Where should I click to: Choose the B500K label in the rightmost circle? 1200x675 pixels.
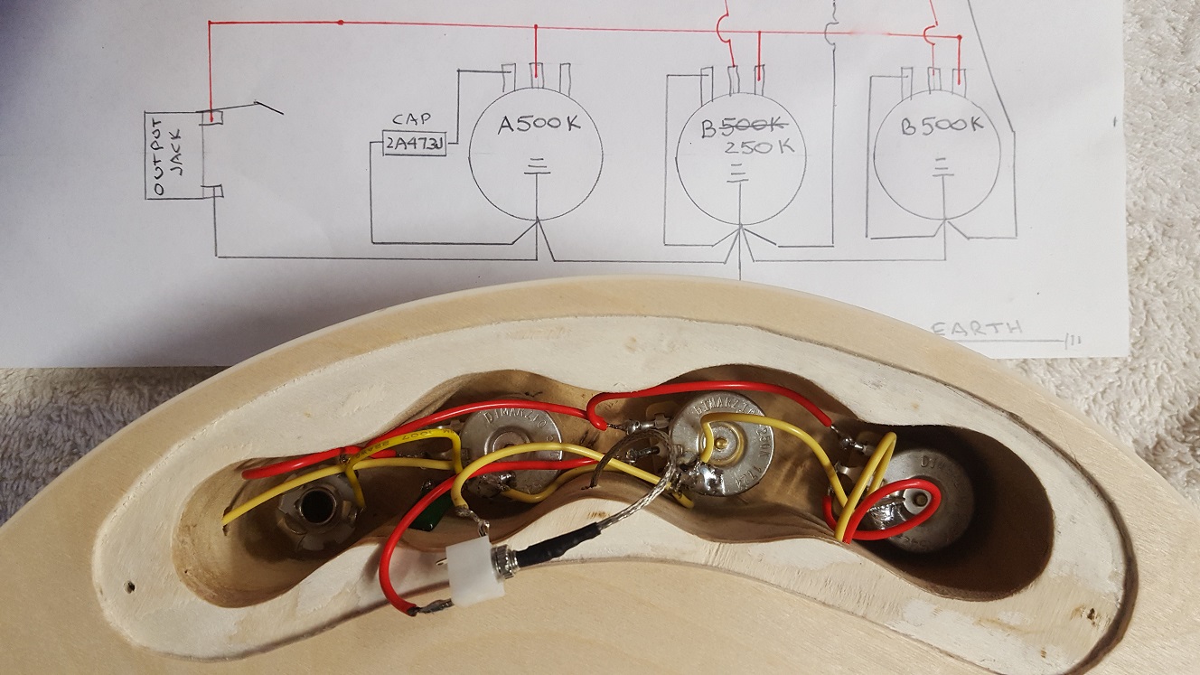tap(942, 126)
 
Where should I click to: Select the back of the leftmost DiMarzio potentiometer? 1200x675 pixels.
tap(511, 445)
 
